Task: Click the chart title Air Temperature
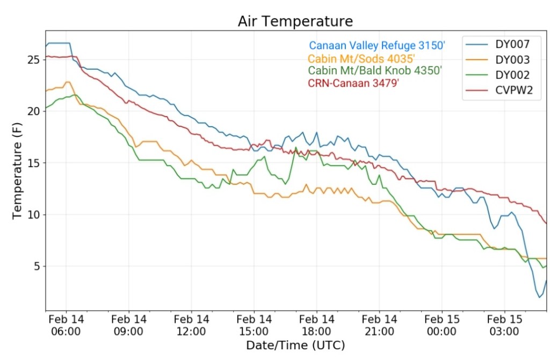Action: tap(295, 21)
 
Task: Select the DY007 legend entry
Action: tap(513, 44)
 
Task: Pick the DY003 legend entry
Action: tap(513, 60)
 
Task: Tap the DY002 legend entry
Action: tap(513, 75)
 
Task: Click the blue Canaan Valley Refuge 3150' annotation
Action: tap(377, 46)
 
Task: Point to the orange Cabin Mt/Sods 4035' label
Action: tap(361, 59)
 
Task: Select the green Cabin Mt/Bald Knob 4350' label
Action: tap(375, 71)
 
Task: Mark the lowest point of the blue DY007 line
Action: tap(539, 297)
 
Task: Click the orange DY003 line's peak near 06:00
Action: tap(68, 82)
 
